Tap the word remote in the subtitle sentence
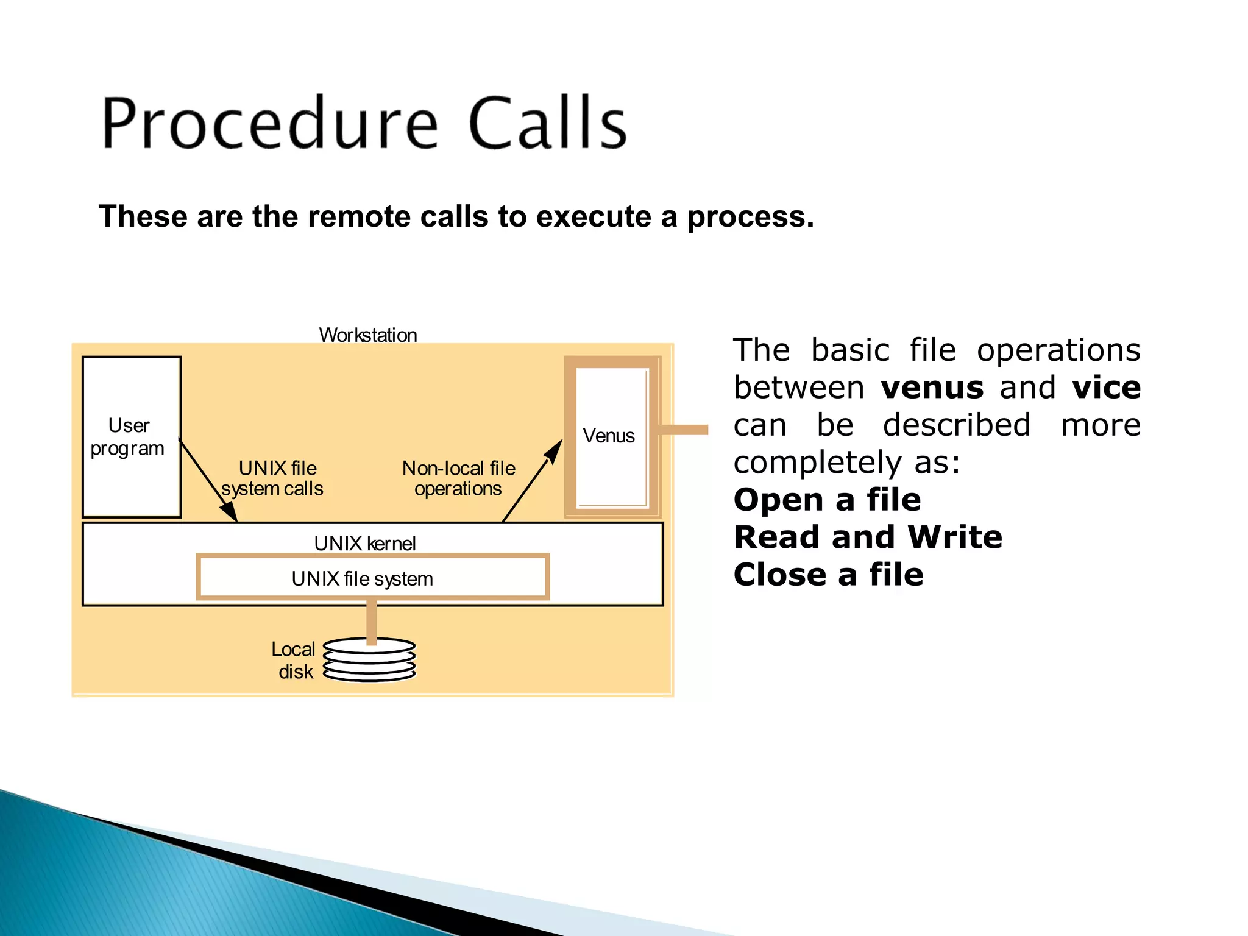362,217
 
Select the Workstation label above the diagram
368,335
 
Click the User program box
131,436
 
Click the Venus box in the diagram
611,436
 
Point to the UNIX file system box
373,578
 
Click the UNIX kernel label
365,543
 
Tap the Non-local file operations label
458,478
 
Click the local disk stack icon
369,660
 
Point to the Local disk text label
294,660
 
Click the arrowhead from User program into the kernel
229,511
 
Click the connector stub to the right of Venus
684,430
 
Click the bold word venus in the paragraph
932,388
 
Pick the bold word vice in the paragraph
1106,388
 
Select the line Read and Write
867,537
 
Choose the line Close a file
828,575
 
